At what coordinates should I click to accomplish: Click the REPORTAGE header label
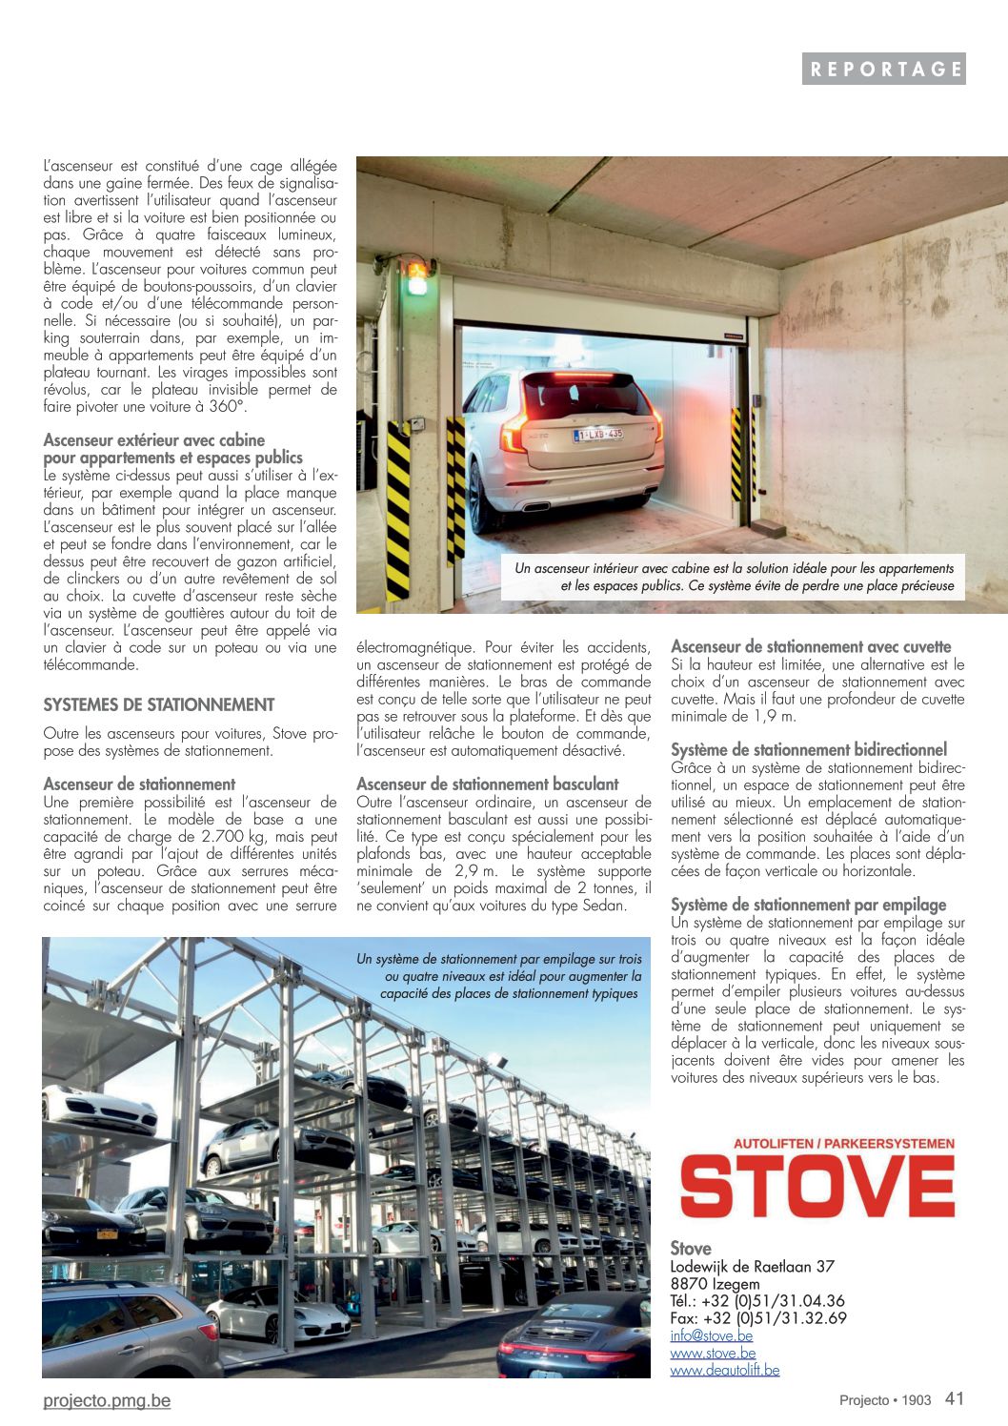(883, 69)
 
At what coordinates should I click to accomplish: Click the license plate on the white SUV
(597, 435)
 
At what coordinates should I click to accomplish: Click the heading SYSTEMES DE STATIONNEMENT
(158, 705)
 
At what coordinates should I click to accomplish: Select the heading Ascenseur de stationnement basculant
(487, 784)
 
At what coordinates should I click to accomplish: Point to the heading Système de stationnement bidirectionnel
(809, 750)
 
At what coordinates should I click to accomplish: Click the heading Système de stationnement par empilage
(808, 905)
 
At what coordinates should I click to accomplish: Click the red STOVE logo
(816, 1187)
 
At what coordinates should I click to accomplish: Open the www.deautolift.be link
(724, 1370)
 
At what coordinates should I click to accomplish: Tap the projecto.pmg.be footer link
(107, 1400)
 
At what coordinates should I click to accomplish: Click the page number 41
(955, 1398)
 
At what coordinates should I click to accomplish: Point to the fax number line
(757, 1318)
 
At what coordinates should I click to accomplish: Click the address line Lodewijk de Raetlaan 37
(752, 1267)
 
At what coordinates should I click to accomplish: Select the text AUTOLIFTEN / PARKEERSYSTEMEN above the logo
(843, 1142)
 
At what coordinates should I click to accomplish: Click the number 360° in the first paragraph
(226, 407)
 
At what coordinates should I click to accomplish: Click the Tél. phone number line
(756, 1301)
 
